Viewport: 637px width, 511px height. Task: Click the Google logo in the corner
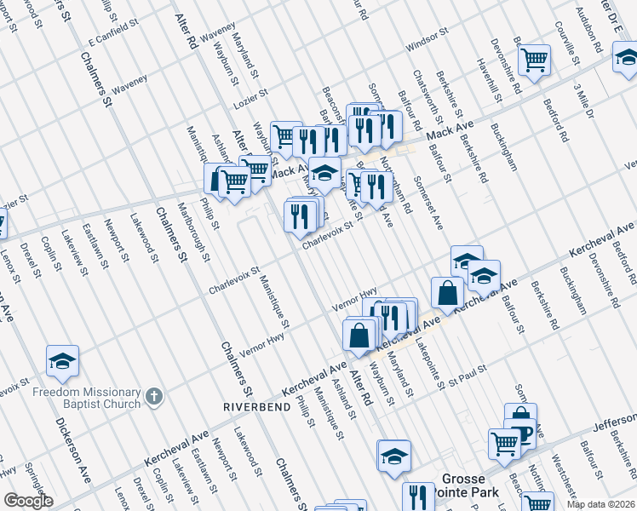point(28,501)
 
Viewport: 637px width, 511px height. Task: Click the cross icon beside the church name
point(153,395)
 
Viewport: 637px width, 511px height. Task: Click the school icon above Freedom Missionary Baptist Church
point(62,362)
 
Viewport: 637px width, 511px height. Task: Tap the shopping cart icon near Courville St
point(534,60)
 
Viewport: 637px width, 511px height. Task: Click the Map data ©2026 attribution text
point(601,504)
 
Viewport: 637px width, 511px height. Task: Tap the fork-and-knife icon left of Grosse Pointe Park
point(418,497)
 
